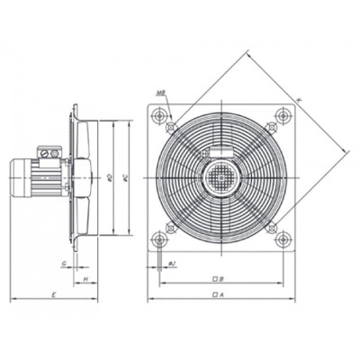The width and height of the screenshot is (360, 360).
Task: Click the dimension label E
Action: [53, 293]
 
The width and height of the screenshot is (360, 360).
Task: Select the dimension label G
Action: [62, 265]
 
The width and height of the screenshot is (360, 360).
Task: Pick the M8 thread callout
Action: [159, 92]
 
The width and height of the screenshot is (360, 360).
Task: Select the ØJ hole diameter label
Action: [172, 264]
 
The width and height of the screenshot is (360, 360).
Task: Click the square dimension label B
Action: [220, 278]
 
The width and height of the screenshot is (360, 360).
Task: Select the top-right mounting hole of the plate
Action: [283, 114]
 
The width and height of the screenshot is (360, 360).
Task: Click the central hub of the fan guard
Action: [221, 175]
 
